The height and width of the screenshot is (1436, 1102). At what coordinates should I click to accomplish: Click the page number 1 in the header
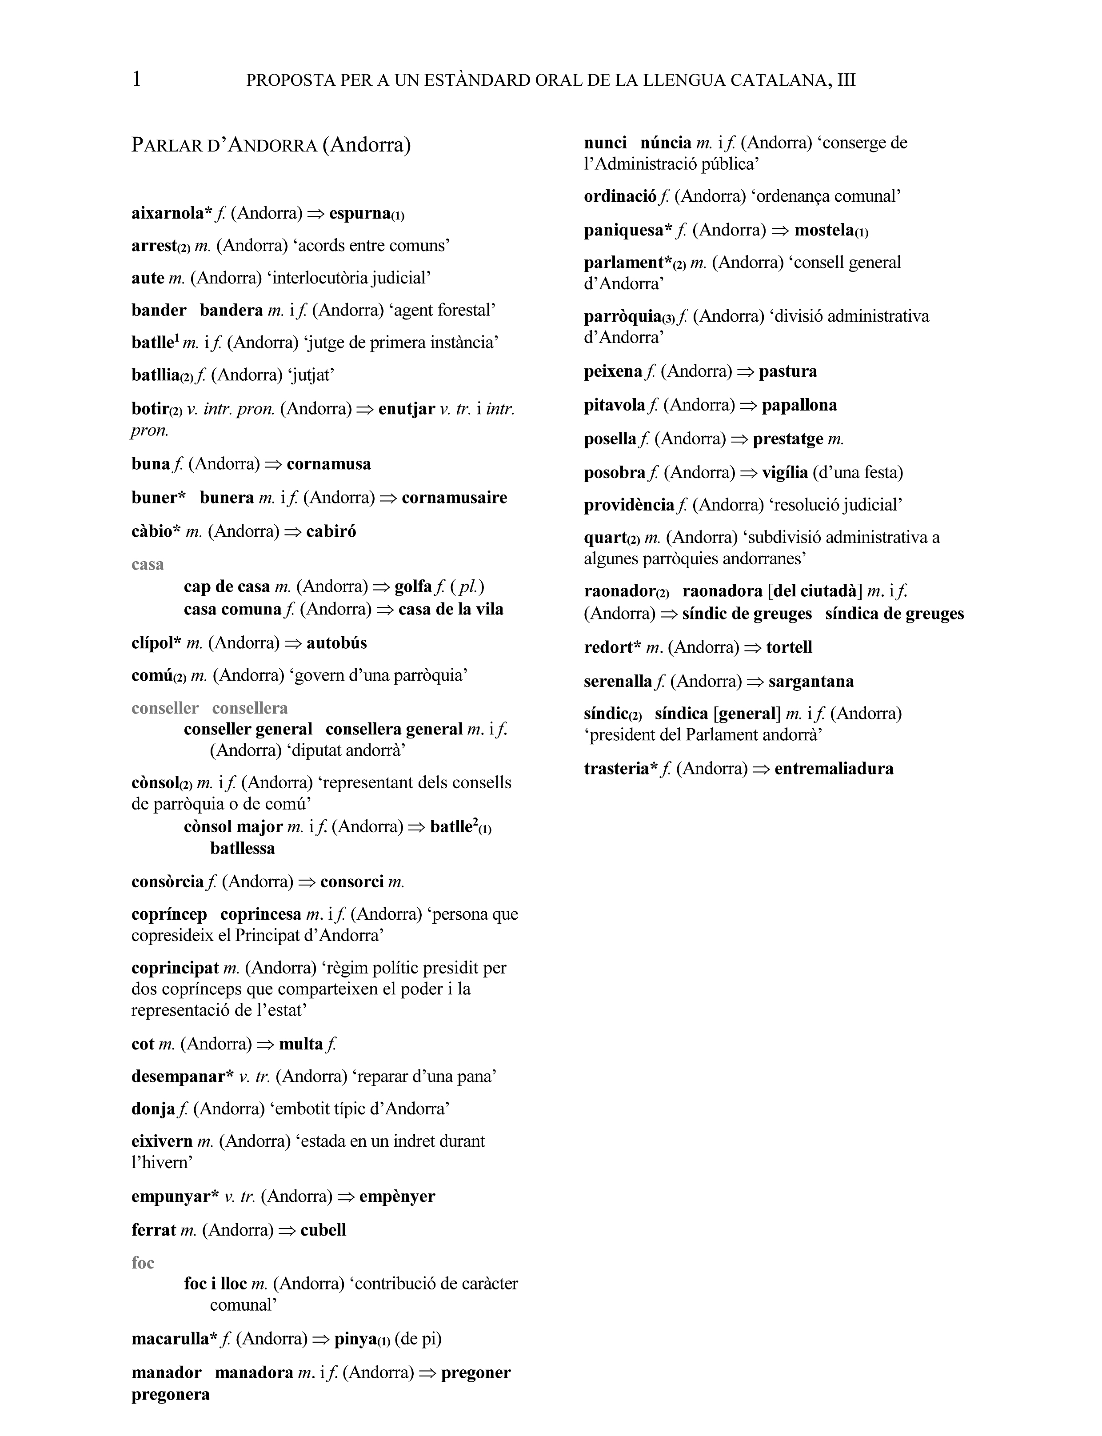(x=136, y=80)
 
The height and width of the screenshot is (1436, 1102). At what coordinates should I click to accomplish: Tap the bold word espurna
(x=359, y=213)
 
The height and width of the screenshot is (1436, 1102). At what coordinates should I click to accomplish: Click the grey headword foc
(x=143, y=1262)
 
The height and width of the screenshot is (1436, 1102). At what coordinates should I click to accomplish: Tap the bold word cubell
(x=323, y=1230)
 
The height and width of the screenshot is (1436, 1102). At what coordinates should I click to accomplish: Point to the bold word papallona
(x=799, y=405)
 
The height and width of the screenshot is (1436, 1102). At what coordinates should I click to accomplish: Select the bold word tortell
(x=789, y=647)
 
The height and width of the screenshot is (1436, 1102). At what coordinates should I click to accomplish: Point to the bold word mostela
(x=825, y=230)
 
